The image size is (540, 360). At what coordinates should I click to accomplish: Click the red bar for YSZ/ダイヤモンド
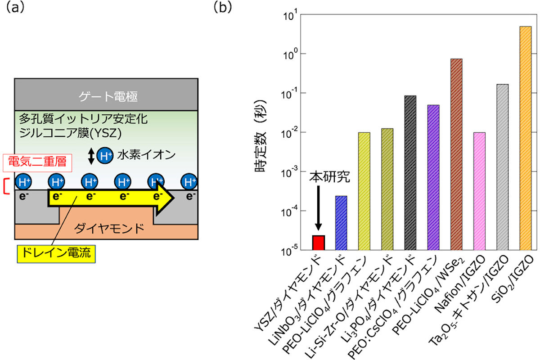click(319, 243)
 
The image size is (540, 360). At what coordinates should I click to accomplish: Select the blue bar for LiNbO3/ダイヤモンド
click(342, 223)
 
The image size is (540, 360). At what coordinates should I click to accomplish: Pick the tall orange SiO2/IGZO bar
click(526, 138)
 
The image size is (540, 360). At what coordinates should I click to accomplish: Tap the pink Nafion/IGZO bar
click(480, 191)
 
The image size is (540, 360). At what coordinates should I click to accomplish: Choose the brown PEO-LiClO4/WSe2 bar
click(456, 154)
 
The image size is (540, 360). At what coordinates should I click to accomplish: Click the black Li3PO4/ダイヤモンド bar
click(410, 173)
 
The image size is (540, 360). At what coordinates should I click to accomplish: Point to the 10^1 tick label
click(291, 15)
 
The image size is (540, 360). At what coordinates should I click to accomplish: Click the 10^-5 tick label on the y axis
click(289, 251)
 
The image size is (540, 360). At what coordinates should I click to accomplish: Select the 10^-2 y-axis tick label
click(289, 133)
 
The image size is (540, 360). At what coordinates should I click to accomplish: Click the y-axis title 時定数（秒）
click(261, 136)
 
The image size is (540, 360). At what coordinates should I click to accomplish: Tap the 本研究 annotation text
click(329, 177)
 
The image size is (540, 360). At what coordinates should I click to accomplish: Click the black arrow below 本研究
click(319, 208)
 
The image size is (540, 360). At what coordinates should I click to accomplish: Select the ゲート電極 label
click(108, 96)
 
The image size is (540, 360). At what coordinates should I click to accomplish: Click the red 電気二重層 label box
click(37, 163)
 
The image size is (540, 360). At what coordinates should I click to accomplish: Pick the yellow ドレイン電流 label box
click(56, 254)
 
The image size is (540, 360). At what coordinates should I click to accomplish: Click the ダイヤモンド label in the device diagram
click(109, 228)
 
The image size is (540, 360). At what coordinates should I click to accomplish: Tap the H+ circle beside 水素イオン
click(105, 156)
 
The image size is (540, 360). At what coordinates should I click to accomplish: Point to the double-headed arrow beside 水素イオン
click(91, 156)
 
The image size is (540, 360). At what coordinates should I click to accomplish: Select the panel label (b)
click(222, 8)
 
